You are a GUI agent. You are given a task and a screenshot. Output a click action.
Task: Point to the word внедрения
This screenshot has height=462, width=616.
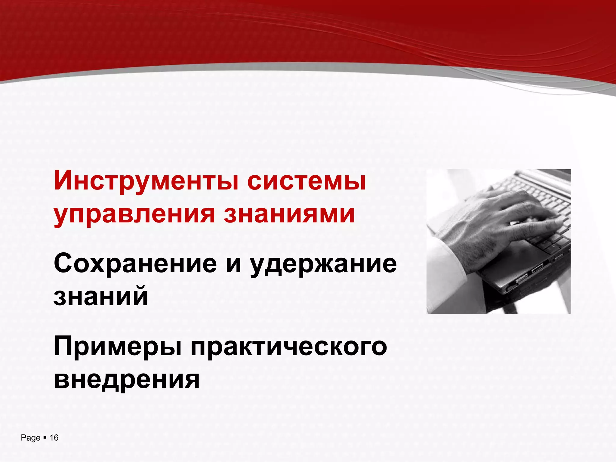pos(127,380)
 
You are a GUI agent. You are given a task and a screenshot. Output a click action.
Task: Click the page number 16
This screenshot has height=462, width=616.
pos(54,438)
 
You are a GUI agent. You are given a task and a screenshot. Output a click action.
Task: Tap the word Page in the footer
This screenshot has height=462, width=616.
pos(30,438)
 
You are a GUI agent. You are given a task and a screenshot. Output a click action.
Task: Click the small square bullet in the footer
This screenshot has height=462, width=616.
pos(45,437)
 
